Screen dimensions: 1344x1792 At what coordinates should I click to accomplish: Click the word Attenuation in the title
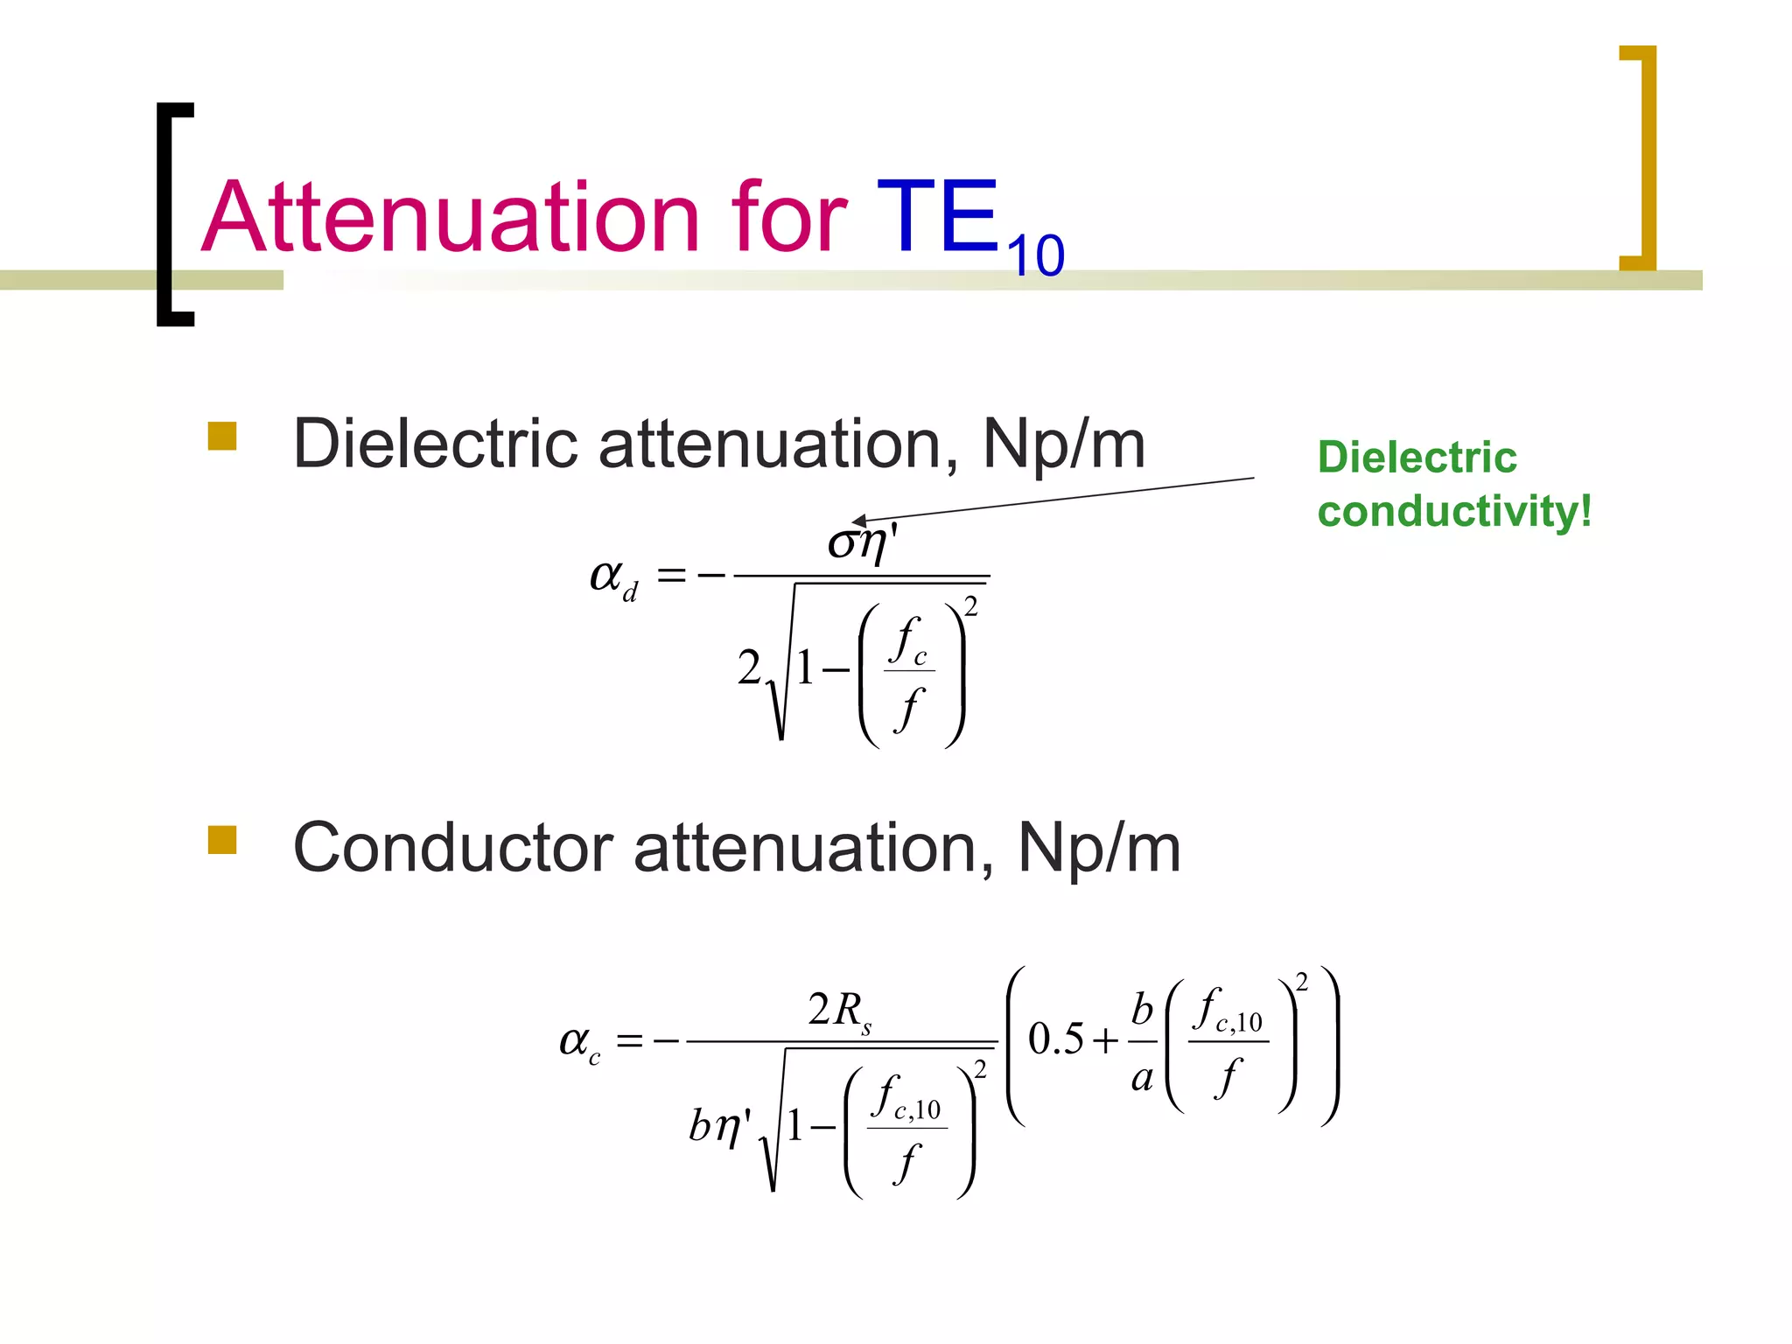pyautogui.click(x=451, y=217)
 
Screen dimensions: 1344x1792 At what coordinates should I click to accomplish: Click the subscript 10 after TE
pyautogui.click(x=1035, y=255)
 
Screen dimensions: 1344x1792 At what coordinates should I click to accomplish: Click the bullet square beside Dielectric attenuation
pyautogui.click(x=222, y=436)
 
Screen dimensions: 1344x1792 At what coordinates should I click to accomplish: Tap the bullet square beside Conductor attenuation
pyautogui.click(x=222, y=839)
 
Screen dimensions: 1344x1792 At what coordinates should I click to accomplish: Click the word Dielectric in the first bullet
pyautogui.click(x=435, y=444)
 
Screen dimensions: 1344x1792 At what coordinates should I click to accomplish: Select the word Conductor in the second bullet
pyautogui.click(x=452, y=848)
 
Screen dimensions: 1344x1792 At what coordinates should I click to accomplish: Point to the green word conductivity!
pyautogui.click(x=1454, y=511)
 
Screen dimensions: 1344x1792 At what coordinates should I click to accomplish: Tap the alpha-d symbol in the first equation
pyautogui.click(x=613, y=577)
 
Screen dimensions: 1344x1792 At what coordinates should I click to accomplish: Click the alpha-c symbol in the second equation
pyautogui.click(x=580, y=1042)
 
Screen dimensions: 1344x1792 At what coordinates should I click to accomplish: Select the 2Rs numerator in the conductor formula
pyautogui.click(x=839, y=1011)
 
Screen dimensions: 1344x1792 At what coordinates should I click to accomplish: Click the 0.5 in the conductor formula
pyautogui.click(x=1054, y=1039)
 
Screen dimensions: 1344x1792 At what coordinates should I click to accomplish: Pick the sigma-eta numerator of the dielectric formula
pyautogui.click(x=863, y=543)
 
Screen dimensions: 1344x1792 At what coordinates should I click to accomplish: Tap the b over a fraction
pyautogui.click(x=1142, y=1042)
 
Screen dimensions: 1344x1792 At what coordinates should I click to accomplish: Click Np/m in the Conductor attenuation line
pyautogui.click(x=1099, y=848)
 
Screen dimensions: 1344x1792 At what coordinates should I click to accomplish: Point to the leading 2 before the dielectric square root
pyautogui.click(x=749, y=668)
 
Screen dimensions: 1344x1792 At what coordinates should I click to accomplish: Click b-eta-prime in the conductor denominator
pyautogui.click(x=719, y=1125)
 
